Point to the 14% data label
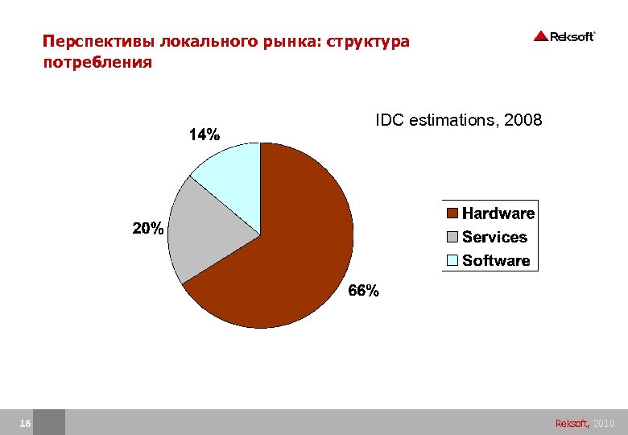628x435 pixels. [x=204, y=135]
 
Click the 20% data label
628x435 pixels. [x=148, y=229]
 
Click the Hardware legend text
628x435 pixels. [x=498, y=213]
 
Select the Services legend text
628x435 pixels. [x=494, y=237]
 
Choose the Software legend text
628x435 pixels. [x=496, y=260]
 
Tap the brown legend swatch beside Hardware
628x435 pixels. [x=452, y=213]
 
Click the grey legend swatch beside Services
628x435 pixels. [x=452, y=237]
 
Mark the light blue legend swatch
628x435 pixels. [x=452, y=260]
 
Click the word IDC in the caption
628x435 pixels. [x=390, y=121]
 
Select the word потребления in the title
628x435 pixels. [x=97, y=62]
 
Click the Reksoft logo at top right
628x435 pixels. [x=564, y=36]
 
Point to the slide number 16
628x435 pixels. [x=25, y=423]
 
